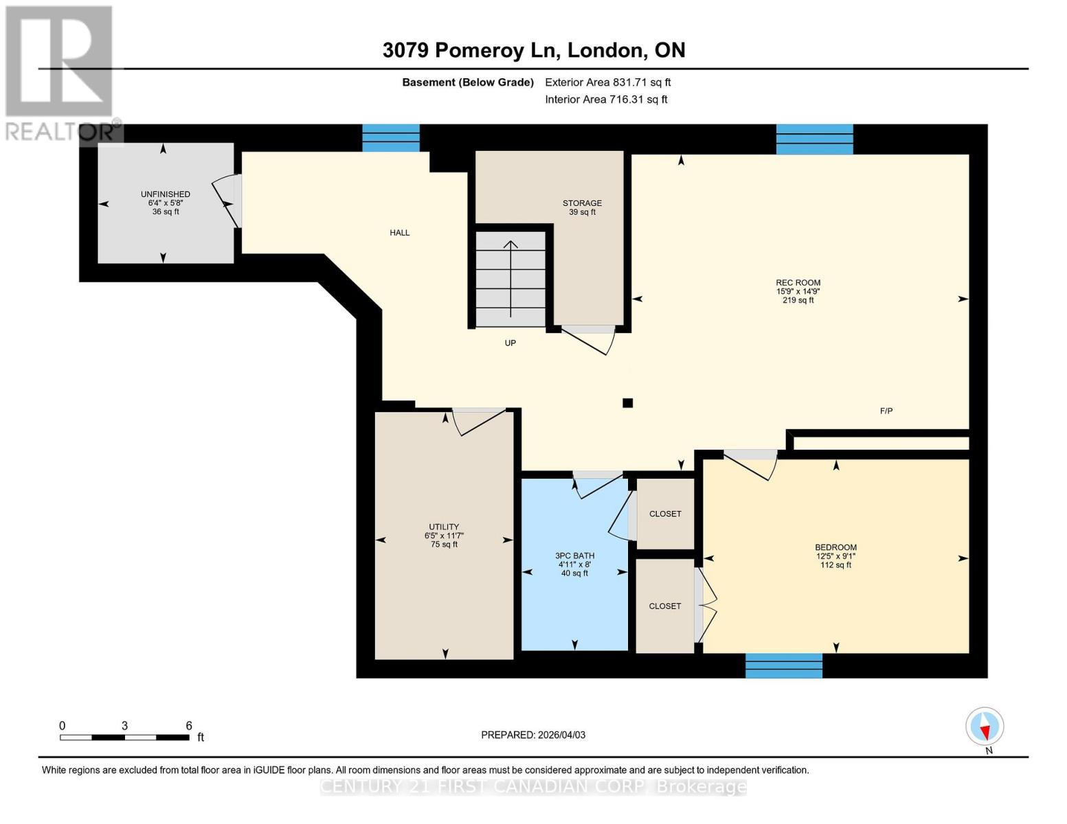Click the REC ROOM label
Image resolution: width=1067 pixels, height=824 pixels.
click(798, 283)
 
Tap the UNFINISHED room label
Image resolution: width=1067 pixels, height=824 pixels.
click(165, 194)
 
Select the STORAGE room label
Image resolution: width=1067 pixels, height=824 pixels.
click(582, 203)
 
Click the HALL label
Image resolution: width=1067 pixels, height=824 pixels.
click(399, 233)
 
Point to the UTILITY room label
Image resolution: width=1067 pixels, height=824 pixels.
click(444, 527)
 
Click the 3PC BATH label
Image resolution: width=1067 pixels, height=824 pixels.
click(574, 556)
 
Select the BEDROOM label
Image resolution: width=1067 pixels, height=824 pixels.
click(835, 548)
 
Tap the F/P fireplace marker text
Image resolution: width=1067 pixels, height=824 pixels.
click(886, 411)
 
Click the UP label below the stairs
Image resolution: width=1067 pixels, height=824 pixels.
click(510, 343)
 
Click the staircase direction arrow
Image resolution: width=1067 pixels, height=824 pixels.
click(510, 278)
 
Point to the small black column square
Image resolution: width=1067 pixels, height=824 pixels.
click(627, 403)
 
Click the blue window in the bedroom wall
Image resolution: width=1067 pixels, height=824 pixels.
click(783, 665)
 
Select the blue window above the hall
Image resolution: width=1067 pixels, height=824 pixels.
click(390, 138)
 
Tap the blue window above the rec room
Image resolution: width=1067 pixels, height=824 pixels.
click(814, 139)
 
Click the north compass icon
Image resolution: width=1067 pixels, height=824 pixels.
click(985, 726)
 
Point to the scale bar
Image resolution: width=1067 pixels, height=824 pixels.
click(124, 737)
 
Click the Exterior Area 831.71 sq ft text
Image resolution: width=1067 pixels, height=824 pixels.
click(607, 82)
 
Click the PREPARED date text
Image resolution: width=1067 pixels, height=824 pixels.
click(533, 735)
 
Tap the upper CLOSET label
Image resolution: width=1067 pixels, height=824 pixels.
click(665, 514)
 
